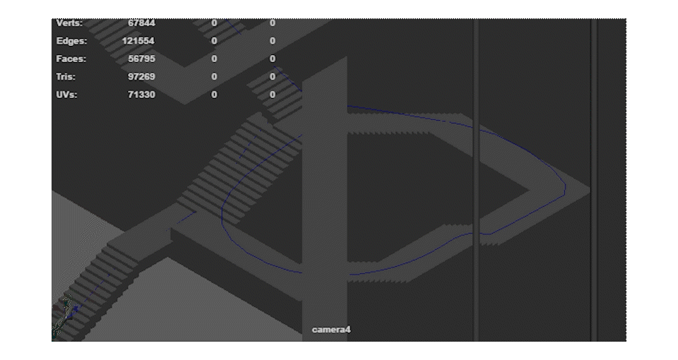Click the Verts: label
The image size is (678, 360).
[x=69, y=23]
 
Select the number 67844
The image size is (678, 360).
[x=141, y=23]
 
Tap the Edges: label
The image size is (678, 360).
[x=71, y=41]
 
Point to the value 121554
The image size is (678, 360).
[x=138, y=41]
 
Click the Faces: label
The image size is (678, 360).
[x=71, y=59]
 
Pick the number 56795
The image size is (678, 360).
[x=141, y=59]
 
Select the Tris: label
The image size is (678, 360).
[x=66, y=77]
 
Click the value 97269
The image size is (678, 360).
[x=141, y=77]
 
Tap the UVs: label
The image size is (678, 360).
[x=66, y=95]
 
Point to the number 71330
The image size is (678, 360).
[x=141, y=95]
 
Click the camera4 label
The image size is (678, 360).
[x=331, y=330]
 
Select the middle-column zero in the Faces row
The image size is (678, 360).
[x=214, y=59]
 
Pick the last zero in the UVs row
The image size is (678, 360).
[x=273, y=95]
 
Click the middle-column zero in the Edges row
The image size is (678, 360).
[x=214, y=41]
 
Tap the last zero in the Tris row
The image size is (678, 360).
[x=273, y=77]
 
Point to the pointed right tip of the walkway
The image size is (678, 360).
[x=588, y=188]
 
